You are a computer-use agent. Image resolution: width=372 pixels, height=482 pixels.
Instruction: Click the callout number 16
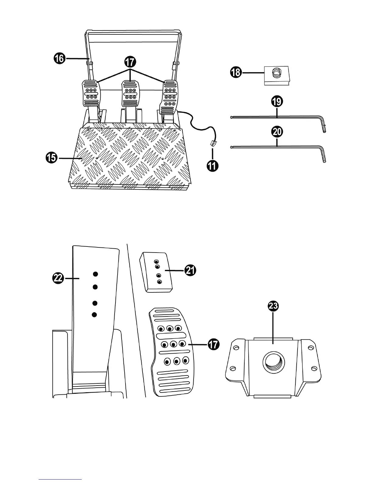coord(60,58)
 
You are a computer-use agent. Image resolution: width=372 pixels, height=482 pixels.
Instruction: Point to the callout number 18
coord(236,72)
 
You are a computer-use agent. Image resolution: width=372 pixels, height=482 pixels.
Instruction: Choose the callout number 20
coord(277,132)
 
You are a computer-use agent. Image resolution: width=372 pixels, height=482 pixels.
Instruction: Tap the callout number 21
coord(190,270)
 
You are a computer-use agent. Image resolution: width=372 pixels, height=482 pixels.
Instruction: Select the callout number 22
coord(58,278)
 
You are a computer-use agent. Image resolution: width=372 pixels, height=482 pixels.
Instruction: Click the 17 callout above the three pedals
coord(130,62)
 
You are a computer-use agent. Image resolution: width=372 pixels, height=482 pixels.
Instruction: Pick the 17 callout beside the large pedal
coord(213,344)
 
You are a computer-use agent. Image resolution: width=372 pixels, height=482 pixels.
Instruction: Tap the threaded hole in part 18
coord(276,73)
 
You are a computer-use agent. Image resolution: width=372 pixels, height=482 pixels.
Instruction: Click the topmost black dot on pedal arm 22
coord(95,274)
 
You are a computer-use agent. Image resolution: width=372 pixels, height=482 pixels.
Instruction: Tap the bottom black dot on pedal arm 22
coord(95,315)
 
